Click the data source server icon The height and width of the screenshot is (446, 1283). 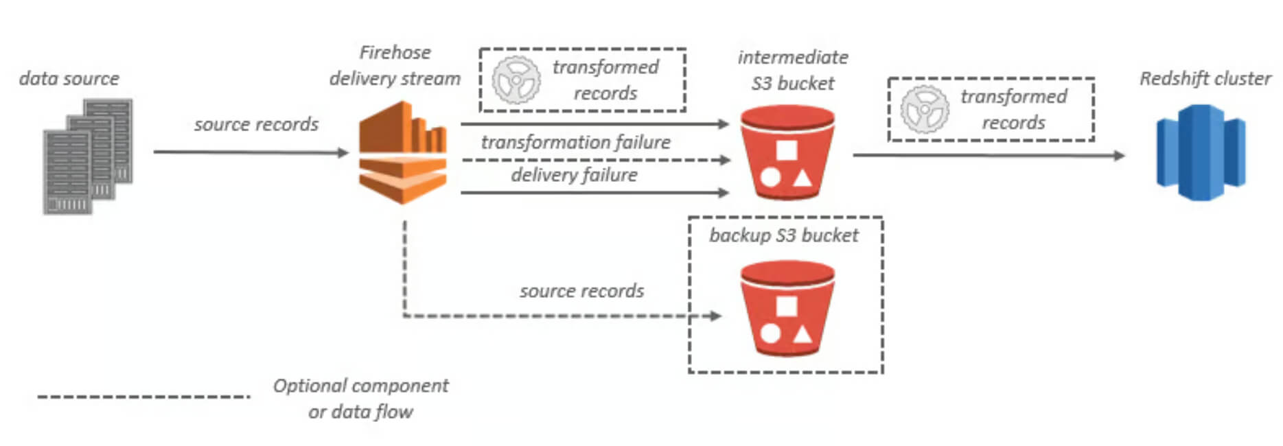pos(88,156)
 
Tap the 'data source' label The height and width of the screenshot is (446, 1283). pos(69,78)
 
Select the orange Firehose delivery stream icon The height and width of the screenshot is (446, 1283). pos(403,152)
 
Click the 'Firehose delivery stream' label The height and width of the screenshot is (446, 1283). pos(395,65)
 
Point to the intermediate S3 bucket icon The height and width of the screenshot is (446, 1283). pos(787,152)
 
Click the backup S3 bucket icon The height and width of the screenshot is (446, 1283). pos(787,308)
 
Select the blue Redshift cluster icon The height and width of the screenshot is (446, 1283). pos(1201,152)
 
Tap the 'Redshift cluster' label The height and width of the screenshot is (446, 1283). pos(1205,78)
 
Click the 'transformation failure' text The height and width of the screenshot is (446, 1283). pos(576,142)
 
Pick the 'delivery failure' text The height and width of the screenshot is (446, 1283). pos(574,175)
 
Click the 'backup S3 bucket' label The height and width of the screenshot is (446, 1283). pos(784,235)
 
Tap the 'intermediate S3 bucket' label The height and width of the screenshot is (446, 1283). pos(793,70)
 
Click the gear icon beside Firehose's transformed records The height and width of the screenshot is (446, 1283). pos(516,80)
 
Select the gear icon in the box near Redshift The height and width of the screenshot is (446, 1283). pos(925,110)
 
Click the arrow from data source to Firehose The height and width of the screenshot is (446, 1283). pos(251,152)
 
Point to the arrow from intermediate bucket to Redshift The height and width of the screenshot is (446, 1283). pos(989,155)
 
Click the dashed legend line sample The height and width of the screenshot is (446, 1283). pos(144,397)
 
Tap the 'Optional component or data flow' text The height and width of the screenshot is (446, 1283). pos(360,399)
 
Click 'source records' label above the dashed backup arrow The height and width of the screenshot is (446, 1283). pos(581,291)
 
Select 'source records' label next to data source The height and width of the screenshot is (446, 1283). pos(256,124)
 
